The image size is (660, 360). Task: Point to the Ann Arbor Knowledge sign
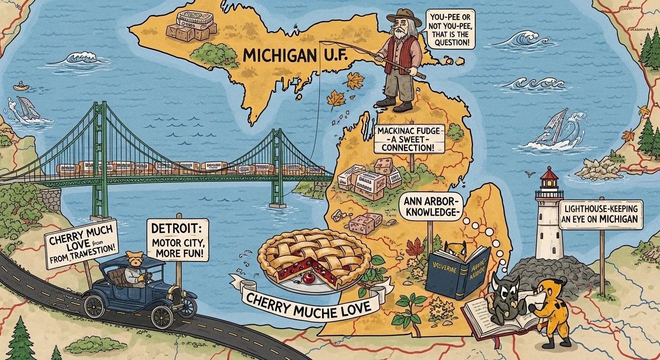(x=430, y=207)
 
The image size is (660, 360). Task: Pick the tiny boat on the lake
(x=20, y=87)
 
